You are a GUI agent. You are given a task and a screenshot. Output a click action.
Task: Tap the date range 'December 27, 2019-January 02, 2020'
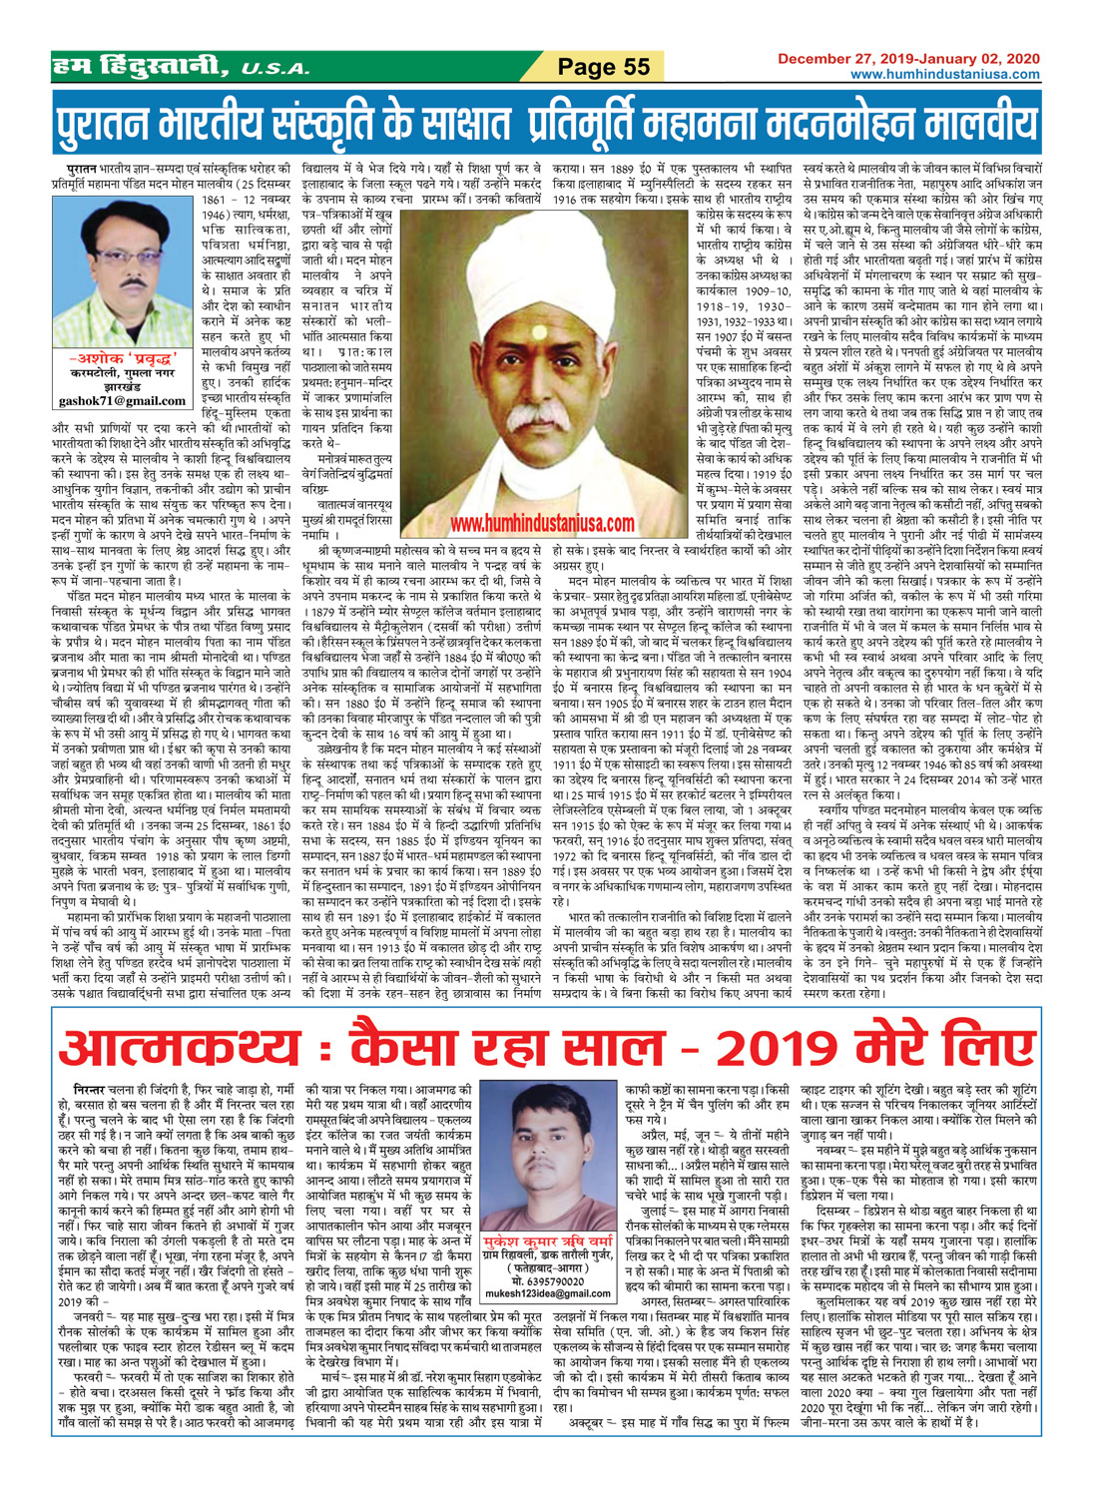coord(908,59)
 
